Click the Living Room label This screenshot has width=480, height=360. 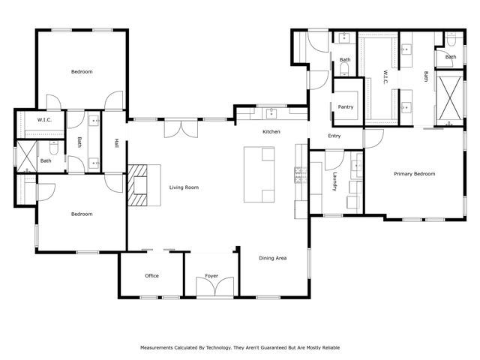click(x=184, y=187)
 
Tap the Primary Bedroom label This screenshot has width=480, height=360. click(x=415, y=174)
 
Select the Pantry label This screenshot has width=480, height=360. click(x=346, y=107)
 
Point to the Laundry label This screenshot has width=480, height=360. click(x=335, y=182)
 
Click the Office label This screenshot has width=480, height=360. click(x=151, y=276)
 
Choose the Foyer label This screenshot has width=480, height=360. click(x=211, y=276)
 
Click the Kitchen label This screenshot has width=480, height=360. click(x=271, y=132)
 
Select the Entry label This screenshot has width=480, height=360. click(x=334, y=136)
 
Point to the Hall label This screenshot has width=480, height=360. click(x=116, y=142)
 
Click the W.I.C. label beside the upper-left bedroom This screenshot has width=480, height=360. click(x=43, y=120)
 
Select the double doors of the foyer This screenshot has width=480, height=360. click(x=211, y=288)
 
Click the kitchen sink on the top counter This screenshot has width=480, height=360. click(x=272, y=114)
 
